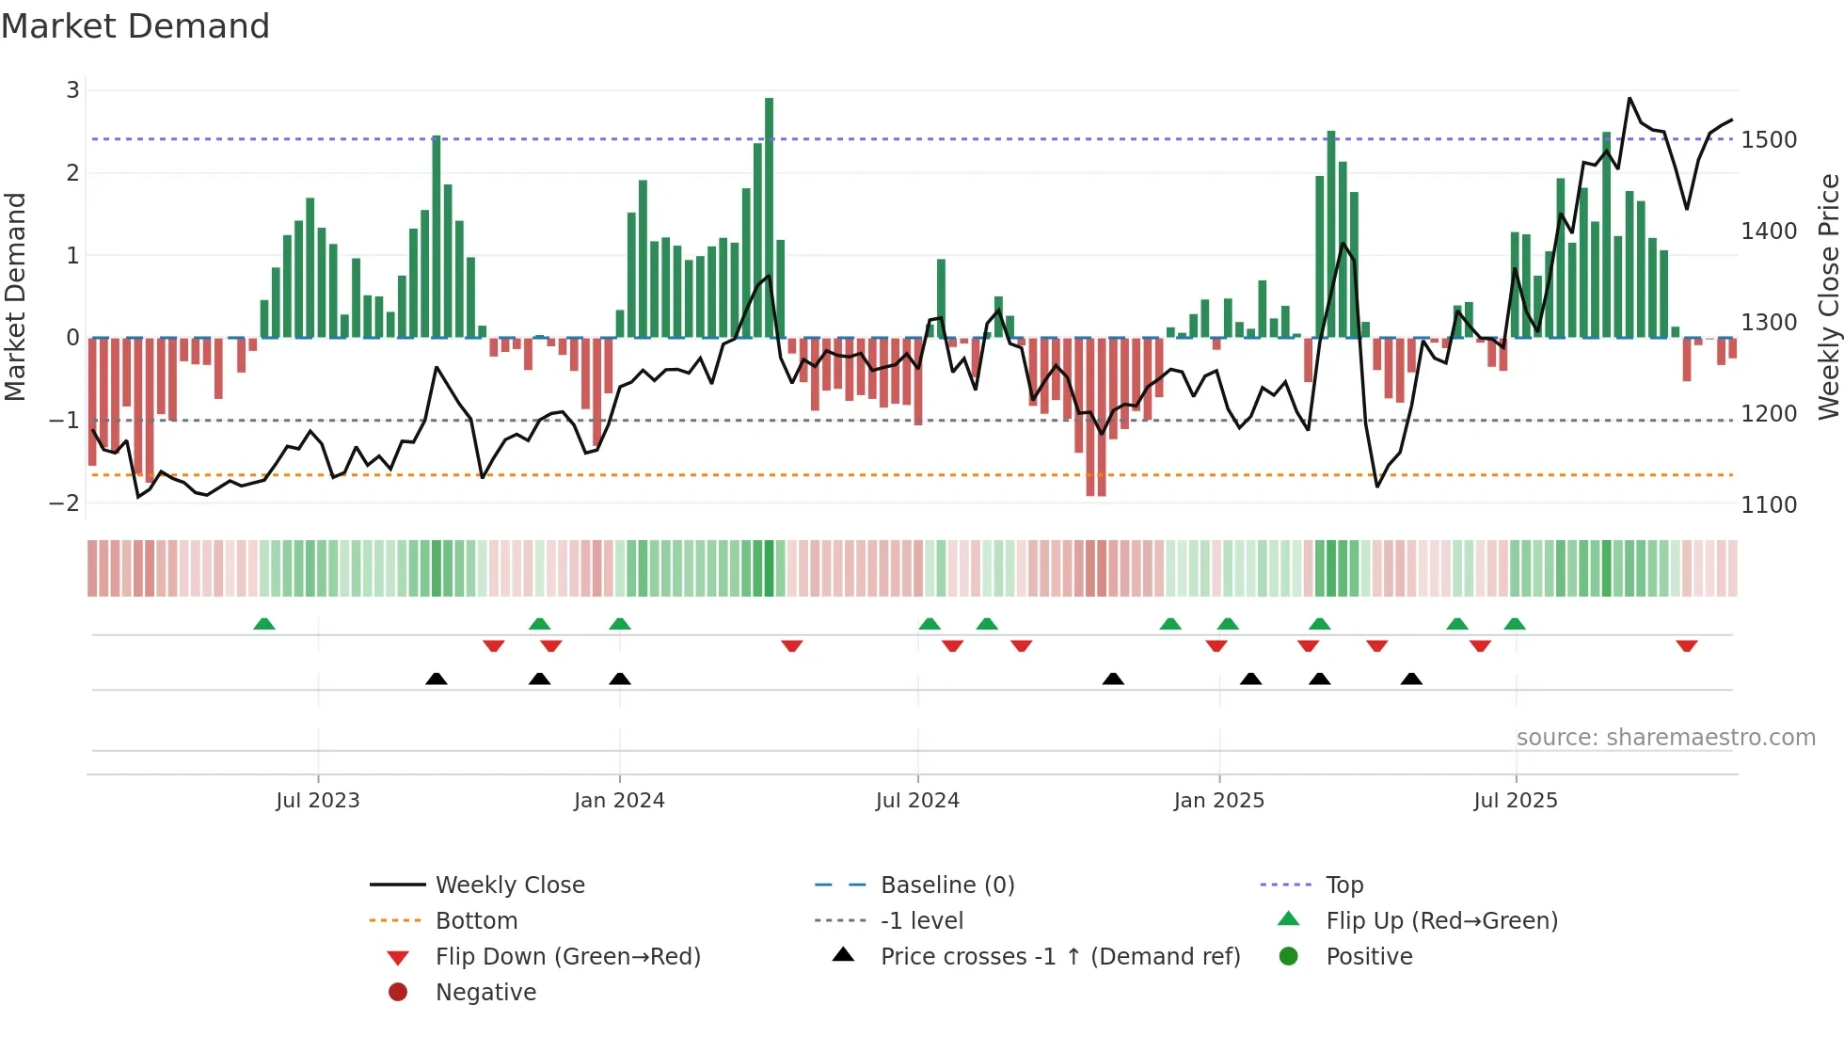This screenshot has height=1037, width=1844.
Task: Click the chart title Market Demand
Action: (x=135, y=26)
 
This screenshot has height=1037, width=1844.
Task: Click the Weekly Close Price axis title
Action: (x=1828, y=296)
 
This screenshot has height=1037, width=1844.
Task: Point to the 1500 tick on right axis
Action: (x=1769, y=140)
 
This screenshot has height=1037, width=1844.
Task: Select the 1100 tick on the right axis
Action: (x=1769, y=505)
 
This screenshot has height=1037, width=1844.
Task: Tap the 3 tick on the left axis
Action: (x=72, y=90)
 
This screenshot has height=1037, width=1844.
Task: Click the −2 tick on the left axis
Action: (x=65, y=503)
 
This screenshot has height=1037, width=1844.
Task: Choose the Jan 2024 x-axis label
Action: (x=619, y=801)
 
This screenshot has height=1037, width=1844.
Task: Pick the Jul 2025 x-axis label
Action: (x=1515, y=801)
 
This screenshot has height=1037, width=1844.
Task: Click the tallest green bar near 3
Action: (x=769, y=216)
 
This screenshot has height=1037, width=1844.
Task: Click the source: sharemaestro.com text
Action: (x=1665, y=738)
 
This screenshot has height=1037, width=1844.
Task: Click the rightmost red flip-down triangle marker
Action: (x=1686, y=646)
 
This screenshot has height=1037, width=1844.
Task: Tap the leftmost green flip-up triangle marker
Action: (x=264, y=624)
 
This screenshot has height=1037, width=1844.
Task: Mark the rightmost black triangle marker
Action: (x=1411, y=678)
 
